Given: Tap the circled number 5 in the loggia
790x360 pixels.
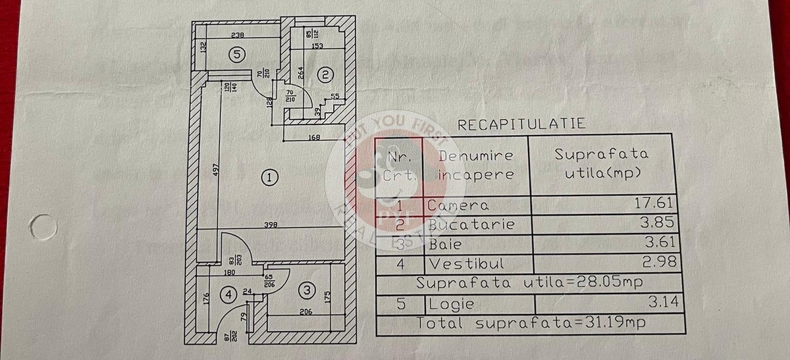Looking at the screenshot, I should (238, 56).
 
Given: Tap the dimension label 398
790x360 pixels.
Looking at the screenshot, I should (270, 224).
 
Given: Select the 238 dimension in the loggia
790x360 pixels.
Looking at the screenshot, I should (238, 36).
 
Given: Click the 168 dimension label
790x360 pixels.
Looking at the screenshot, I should (314, 137).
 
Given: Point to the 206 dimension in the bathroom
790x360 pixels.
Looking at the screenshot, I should (305, 312).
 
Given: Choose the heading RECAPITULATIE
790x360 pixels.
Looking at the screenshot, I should (521, 124).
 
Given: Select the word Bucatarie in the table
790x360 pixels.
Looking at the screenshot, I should (471, 224).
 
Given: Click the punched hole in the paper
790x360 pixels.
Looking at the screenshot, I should (43, 227).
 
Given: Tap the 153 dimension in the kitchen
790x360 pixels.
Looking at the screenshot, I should (317, 45).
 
